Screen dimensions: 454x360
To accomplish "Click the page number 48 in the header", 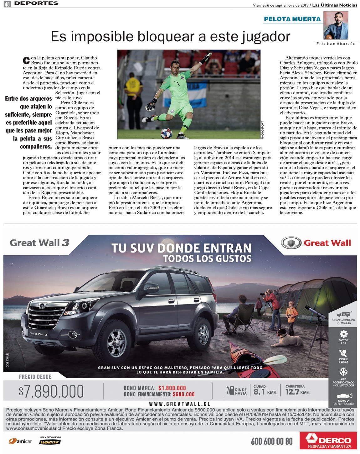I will coord(7,4).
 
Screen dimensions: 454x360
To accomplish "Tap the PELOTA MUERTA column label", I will coord(292,19).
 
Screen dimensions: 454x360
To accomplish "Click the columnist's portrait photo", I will coord(336,25).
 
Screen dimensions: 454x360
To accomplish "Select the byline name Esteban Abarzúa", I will coord(336,44).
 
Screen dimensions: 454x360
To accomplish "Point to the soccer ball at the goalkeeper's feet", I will coord(166,133).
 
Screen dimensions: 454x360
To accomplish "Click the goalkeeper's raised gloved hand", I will coord(207,57).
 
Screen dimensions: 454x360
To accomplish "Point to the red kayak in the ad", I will coord(244,357).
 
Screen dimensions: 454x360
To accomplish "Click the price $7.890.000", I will coord(51,391).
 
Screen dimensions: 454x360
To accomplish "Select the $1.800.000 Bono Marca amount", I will coord(172,388).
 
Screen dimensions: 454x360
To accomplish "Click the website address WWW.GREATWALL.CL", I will coord(180,404).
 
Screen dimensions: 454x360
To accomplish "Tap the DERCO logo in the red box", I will coord(328,441).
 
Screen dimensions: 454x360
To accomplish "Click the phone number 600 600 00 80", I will coord(272,441).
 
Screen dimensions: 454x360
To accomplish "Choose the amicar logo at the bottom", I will coord(21,441).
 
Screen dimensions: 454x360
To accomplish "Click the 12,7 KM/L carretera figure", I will coord(297,392).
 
